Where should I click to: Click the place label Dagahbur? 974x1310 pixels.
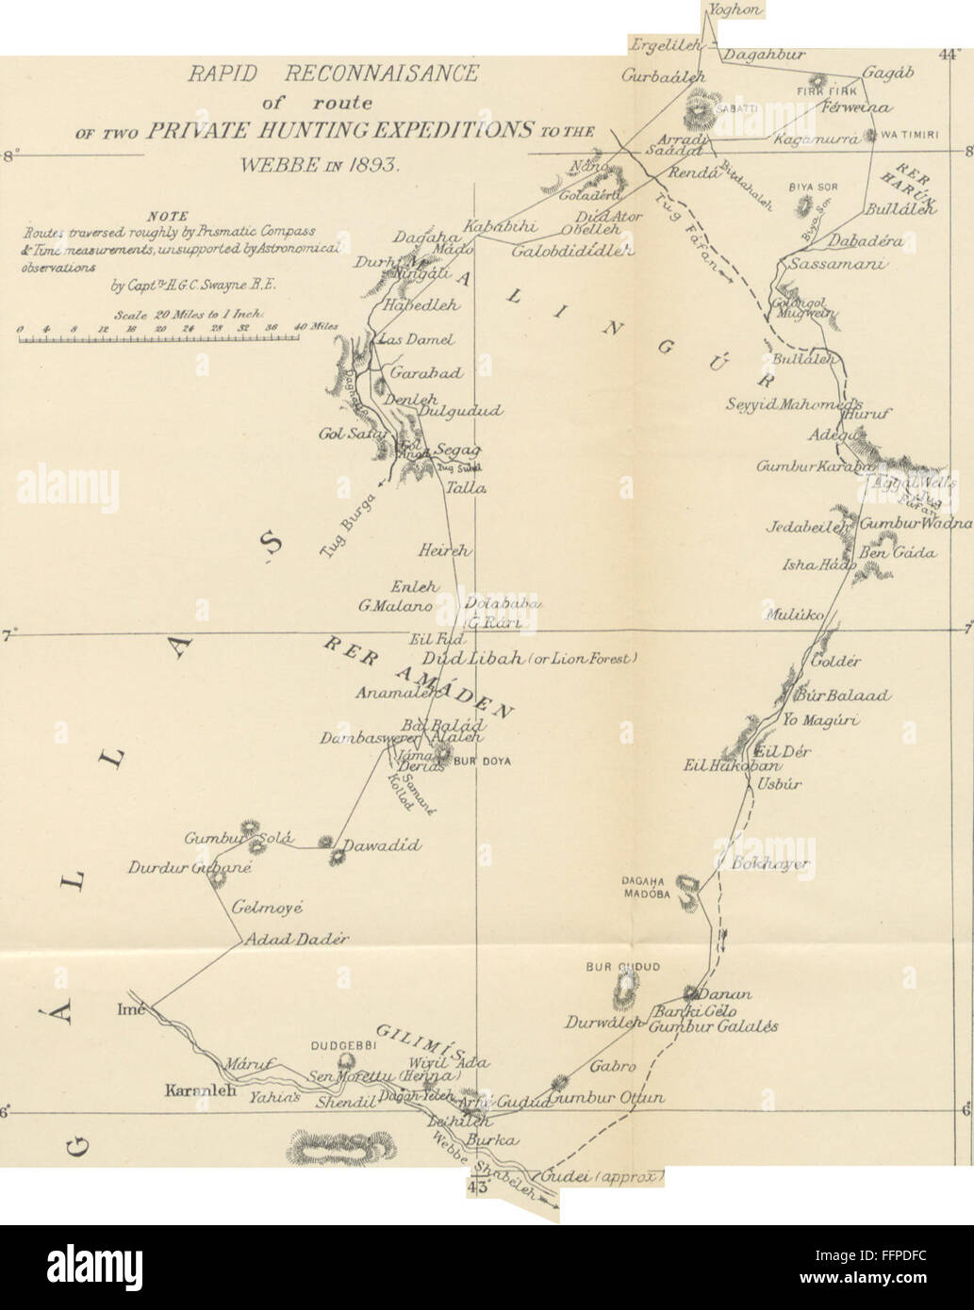tap(764, 55)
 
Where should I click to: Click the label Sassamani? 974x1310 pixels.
tap(835, 265)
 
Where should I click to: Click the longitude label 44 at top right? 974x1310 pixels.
tap(948, 54)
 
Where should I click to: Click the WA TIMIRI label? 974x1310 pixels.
tap(910, 135)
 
